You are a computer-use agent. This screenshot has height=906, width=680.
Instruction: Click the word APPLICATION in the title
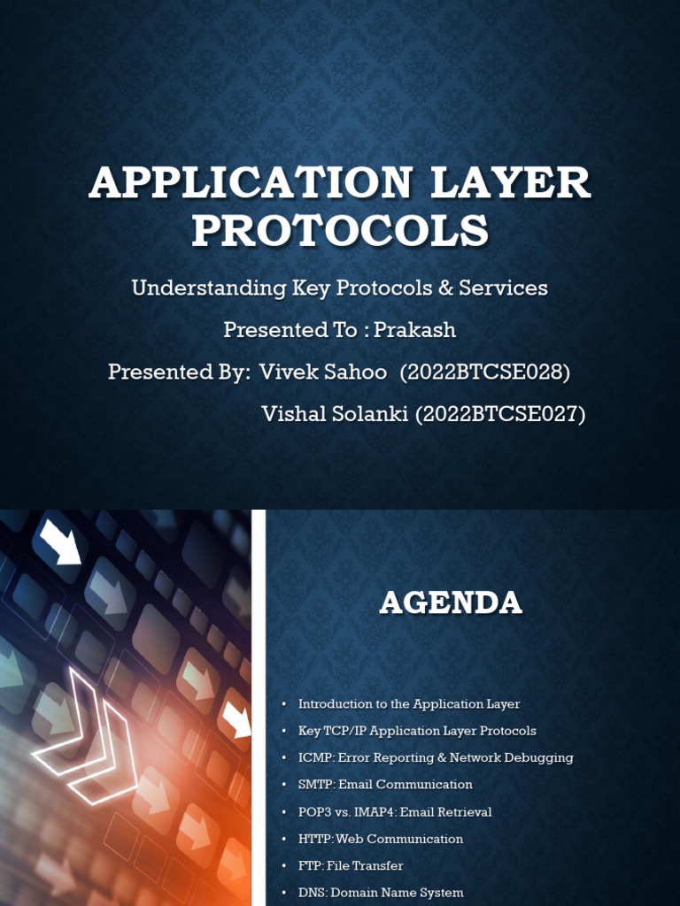pyautogui.click(x=251, y=183)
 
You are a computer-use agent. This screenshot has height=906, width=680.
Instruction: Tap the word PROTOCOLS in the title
pyautogui.click(x=340, y=230)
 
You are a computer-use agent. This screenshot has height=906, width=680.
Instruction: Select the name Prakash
pyautogui.click(x=414, y=330)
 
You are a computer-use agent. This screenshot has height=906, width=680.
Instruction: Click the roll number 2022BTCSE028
pyautogui.click(x=484, y=372)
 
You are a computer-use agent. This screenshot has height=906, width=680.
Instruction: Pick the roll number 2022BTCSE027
pyautogui.click(x=500, y=414)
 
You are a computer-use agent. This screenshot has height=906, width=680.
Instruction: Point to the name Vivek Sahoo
pyautogui.click(x=323, y=372)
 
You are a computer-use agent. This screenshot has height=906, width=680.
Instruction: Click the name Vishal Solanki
pyautogui.click(x=336, y=414)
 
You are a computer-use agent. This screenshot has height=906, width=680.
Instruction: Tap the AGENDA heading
pyautogui.click(x=451, y=603)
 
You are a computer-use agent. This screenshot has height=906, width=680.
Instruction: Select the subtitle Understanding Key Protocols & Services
pyautogui.click(x=340, y=288)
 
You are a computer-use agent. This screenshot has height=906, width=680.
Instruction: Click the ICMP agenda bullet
pyautogui.click(x=436, y=757)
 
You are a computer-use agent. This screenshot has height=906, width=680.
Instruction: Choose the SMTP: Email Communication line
pyautogui.click(x=385, y=785)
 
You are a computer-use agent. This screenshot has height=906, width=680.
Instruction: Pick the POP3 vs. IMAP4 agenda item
pyautogui.click(x=395, y=811)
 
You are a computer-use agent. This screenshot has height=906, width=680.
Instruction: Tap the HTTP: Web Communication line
pyautogui.click(x=381, y=839)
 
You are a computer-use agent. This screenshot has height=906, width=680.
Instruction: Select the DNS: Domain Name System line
pyautogui.click(x=381, y=893)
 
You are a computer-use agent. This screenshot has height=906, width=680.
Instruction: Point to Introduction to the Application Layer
pyautogui.click(x=409, y=704)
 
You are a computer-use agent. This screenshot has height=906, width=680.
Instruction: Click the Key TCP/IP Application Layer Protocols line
pyautogui.click(x=417, y=731)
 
